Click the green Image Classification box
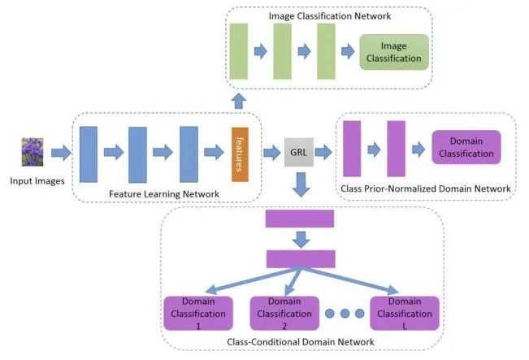click(395, 52)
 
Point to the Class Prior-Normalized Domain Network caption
click(427, 189)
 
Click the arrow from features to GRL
click(269, 152)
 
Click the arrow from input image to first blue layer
click(62, 152)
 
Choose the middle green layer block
click(283, 51)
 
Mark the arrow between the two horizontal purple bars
click(300, 238)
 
